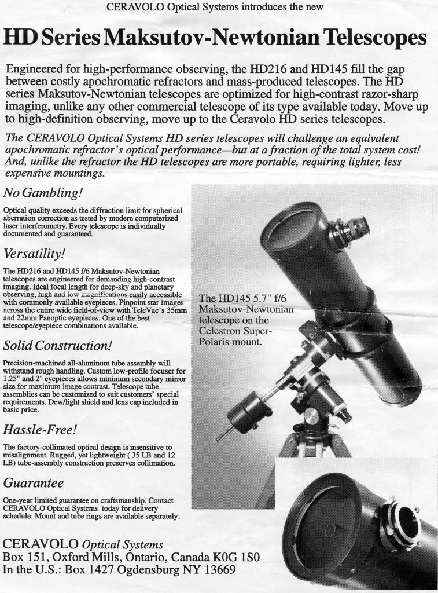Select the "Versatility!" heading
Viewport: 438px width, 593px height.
tap(34, 254)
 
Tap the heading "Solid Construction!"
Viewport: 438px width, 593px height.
tap(57, 346)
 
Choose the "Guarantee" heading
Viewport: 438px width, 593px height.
tap(33, 482)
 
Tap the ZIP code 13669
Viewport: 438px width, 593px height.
tap(215, 570)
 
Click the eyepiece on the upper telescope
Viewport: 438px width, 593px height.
tap(351, 229)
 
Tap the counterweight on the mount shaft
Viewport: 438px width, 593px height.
tap(249, 412)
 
